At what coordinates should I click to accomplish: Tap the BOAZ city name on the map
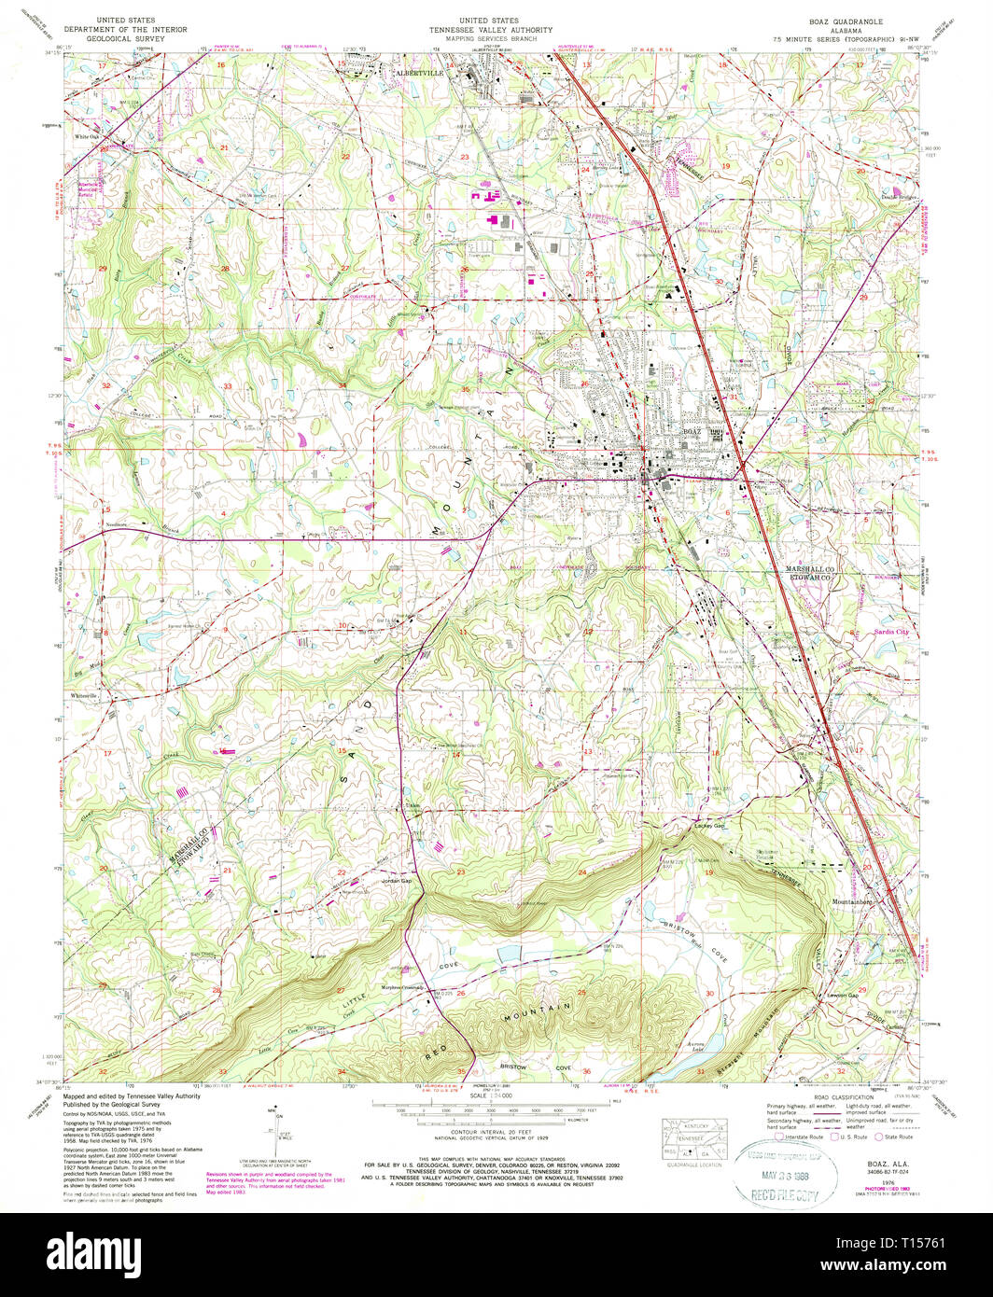coord(692,432)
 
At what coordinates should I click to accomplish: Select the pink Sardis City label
coord(889,632)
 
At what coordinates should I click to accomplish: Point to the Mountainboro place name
coord(851,902)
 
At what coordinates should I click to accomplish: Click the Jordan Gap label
coord(396,881)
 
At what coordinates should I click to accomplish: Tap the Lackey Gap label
coord(709,825)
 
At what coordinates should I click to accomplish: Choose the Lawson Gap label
coord(842,995)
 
